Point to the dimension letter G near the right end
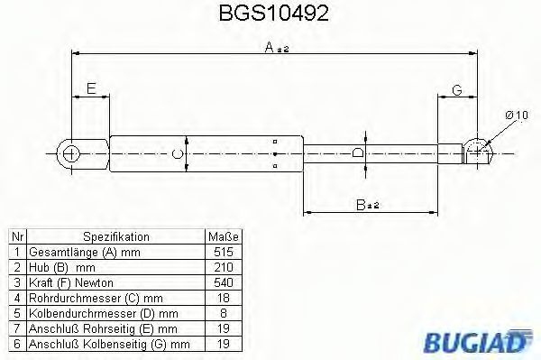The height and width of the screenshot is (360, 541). pos(457,88)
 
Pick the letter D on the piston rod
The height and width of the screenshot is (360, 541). pos(358,153)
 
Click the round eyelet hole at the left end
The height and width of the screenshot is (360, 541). pos(71,152)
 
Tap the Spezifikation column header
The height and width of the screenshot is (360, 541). pos(116,237)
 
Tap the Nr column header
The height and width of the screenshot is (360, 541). pos(16,237)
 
